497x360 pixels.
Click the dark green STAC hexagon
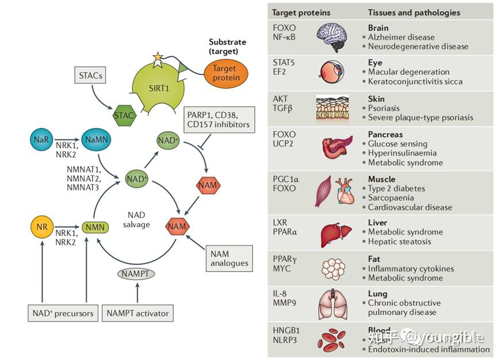pos(124,115)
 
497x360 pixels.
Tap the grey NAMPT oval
pos(137,274)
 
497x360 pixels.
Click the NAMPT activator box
pos(137,313)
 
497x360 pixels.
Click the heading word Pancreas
pos(385,135)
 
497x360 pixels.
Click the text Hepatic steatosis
pos(399,242)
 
